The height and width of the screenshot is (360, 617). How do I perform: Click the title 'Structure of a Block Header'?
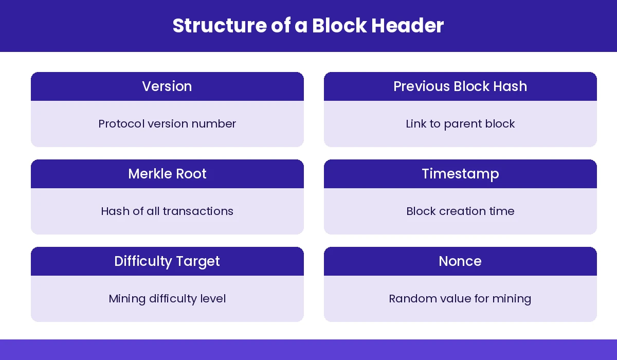coord(308,26)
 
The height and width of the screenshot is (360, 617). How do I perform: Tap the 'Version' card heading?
coord(167,86)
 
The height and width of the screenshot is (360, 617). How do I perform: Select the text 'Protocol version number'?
coord(167,124)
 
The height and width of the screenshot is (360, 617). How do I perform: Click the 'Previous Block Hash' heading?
coord(460,86)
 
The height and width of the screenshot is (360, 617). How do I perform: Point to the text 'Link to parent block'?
coord(460,124)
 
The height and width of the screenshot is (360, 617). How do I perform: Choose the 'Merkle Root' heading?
coord(167,174)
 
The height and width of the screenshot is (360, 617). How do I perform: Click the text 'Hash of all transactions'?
coord(167,211)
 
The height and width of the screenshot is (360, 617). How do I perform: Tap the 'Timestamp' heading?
coord(460,174)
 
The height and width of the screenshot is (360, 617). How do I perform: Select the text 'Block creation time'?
coord(460,211)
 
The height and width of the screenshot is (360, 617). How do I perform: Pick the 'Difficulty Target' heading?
coord(167,261)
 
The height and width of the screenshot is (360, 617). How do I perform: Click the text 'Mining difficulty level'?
coord(167,299)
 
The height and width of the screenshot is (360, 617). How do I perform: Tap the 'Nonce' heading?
coord(460,261)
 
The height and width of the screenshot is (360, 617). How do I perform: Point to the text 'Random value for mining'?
coord(460,299)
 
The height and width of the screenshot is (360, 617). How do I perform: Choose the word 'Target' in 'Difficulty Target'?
coord(198,261)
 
